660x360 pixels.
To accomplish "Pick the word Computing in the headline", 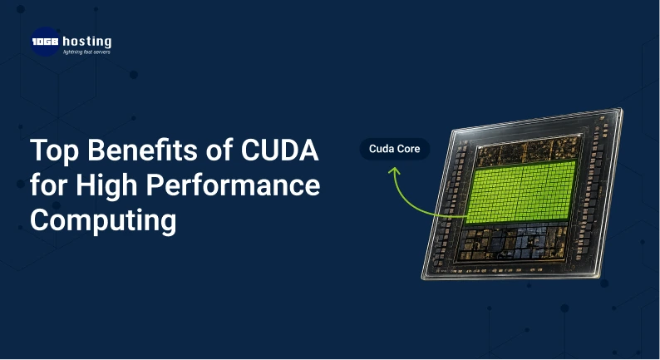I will pyautogui.click(x=103, y=220).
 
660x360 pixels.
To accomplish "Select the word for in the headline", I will pyautogui.click(x=48, y=186).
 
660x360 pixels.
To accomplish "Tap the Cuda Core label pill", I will pyautogui.click(x=395, y=150).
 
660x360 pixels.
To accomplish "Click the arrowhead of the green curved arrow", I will pyautogui.click(x=394, y=170).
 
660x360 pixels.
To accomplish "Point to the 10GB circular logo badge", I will pyautogui.click(x=45, y=42).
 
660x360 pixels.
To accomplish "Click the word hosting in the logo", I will pyautogui.click(x=86, y=41).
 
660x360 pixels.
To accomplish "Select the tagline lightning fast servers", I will pyautogui.click(x=86, y=52).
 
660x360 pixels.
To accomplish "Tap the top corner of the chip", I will pyautogui.click(x=619, y=111).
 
